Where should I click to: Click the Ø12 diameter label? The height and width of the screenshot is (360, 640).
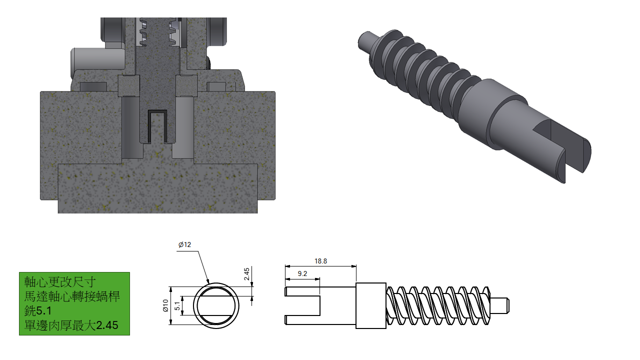pos(184,244)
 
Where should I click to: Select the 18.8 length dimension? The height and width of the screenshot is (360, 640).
pos(320,261)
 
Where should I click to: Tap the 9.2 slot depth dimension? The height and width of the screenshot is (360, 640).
pos(302,273)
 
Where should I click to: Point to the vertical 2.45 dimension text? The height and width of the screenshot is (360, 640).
pos(247,274)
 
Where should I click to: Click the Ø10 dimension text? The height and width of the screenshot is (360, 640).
pos(165,305)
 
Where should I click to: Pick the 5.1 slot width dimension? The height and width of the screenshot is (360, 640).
pos(177,306)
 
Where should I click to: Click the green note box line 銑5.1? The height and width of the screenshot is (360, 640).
pos(37,311)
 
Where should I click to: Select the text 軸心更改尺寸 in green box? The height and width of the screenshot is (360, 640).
pos(59,282)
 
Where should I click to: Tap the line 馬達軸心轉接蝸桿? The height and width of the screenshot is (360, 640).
pos(71,296)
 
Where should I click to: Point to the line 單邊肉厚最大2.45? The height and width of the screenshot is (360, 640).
pos(71,325)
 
